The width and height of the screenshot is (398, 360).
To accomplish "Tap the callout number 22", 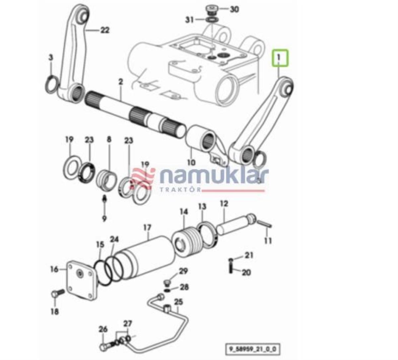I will point(104,31).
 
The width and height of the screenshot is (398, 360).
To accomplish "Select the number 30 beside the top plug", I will point(234,9).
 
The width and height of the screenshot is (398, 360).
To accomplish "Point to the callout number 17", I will point(147,228).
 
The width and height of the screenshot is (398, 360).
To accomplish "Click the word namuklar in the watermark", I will point(214,176).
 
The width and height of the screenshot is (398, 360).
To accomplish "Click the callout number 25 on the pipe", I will point(178,302).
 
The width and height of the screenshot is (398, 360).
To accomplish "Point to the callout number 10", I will point(191,163).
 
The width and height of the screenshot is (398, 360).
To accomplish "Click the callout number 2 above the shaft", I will point(120,82).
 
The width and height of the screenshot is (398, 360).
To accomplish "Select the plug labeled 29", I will point(168,282).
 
